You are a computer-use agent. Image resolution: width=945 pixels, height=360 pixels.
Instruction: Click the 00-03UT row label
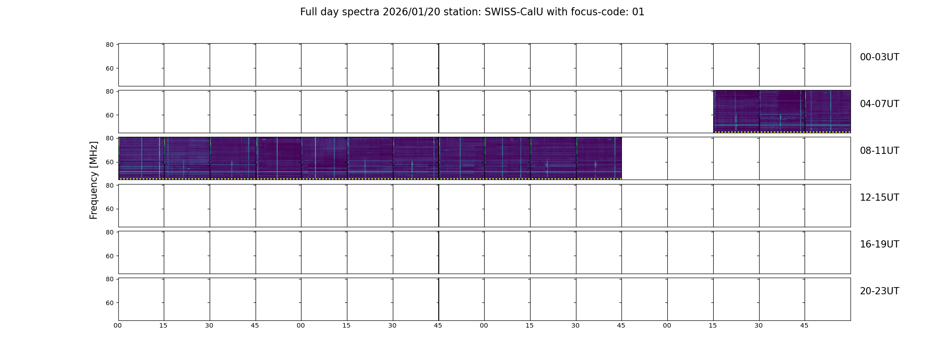(879, 57)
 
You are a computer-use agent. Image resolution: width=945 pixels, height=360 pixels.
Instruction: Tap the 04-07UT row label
(879, 104)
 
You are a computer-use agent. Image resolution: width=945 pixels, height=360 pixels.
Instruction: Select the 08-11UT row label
(879, 151)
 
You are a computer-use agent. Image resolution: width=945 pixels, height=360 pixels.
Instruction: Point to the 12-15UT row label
(879, 198)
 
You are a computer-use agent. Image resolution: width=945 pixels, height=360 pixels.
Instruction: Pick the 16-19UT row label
(879, 244)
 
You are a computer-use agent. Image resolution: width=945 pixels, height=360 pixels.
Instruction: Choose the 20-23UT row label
(879, 291)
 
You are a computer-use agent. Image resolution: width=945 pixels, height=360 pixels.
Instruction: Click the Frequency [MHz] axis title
(94, 180)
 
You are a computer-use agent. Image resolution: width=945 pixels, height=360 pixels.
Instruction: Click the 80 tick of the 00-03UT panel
(110, 45)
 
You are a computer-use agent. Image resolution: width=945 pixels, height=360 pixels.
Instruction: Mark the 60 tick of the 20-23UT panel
(110, 303)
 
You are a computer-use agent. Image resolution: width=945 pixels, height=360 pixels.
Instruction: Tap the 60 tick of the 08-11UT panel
(110, 162)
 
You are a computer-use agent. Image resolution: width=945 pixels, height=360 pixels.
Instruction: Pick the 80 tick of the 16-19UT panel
(110, 232)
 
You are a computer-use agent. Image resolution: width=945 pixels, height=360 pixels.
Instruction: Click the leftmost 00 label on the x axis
(117, 325)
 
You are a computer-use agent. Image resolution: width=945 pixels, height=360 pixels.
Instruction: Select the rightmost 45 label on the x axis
(804, 325)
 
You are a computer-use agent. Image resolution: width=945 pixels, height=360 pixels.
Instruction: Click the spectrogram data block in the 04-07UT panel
(782, 112)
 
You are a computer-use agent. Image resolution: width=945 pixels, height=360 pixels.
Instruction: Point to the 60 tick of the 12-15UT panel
(110, 209)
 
